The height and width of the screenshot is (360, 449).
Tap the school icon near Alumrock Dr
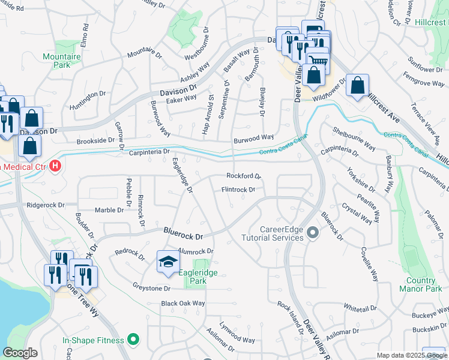point(168,262)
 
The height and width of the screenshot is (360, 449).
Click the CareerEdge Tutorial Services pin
point(312,232)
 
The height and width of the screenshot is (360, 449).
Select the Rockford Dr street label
point(243,176)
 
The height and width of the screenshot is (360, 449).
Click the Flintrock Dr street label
point(238,190)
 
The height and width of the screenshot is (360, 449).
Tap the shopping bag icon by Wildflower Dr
point(357,86)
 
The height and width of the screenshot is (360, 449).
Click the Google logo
point(20,353)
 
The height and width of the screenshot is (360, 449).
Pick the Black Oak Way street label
point(182,304)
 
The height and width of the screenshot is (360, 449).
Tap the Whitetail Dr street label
point(360,307)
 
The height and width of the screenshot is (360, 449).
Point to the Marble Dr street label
point(109,210)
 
